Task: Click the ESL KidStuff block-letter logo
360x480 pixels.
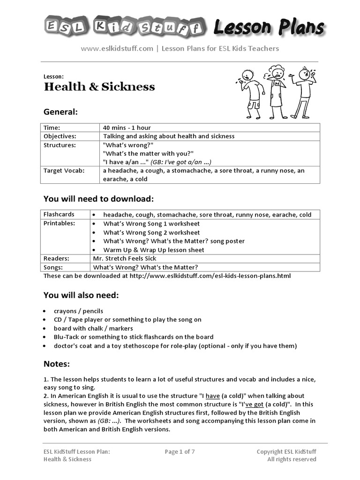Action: (x=125, y=27)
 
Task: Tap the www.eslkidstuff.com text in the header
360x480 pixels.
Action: (x=117, y=48)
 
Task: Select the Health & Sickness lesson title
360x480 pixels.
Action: (x=99, y=87)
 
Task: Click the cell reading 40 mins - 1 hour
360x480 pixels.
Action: (x=127, y=127)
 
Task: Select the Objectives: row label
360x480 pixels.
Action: (x=60, y=136)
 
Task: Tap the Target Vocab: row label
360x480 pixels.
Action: (x=64, y=171)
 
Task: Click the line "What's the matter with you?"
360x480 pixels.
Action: (x=148, y=154)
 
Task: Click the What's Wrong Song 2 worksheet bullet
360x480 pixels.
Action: (x=151, y=232)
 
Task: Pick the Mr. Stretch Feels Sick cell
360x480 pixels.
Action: (x=125, y=258)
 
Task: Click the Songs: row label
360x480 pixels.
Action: (x=53, y=267)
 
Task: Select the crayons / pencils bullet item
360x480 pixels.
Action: (x=78, y=311)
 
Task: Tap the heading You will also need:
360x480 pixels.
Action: (x=81, y=295)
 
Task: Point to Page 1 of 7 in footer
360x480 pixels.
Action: (x=180, y=452)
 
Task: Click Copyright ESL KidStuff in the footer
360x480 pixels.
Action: (x=286, y=452)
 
